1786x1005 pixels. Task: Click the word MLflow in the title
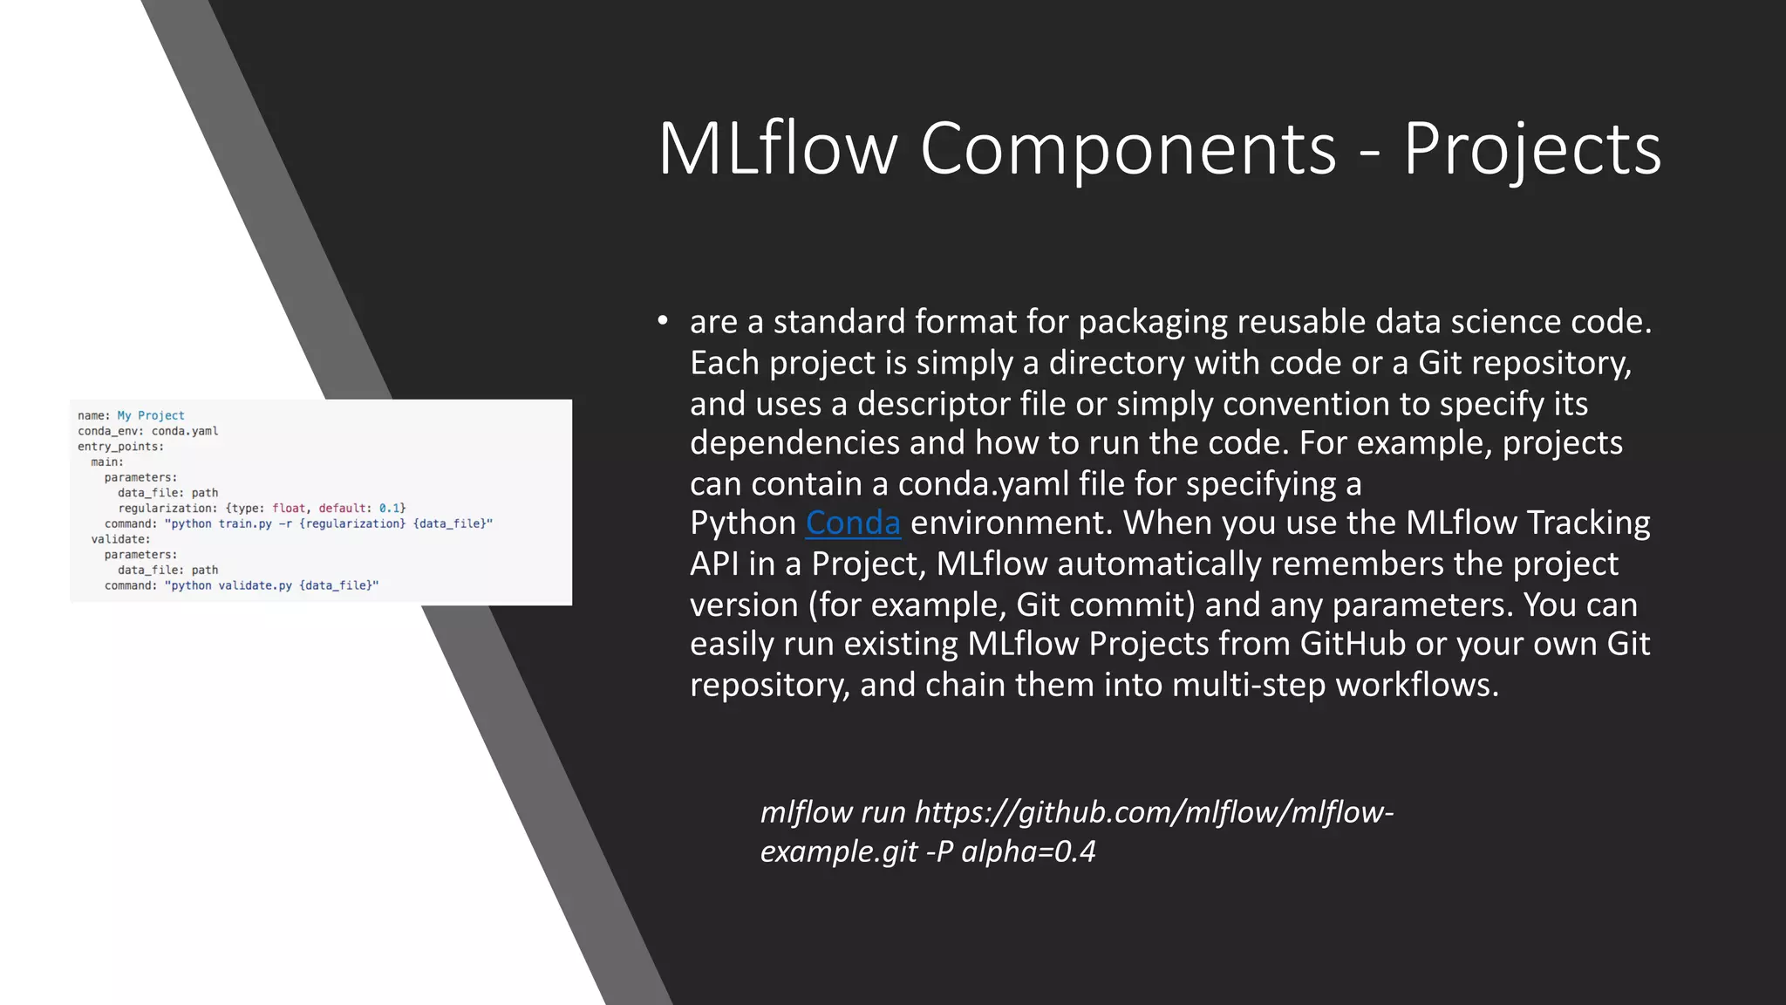coord(778,149)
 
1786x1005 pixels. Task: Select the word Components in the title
coord(1128,149)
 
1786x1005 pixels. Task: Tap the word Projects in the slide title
coord(1531,149)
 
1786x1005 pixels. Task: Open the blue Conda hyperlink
coord(852,523)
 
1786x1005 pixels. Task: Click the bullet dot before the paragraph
coord(663,321)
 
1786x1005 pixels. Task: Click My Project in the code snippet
coord(151,415)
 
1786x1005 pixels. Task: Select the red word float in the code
coord(289,508)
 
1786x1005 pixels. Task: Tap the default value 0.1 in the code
coord(389,508)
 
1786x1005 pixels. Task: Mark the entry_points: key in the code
coord(120,447)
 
